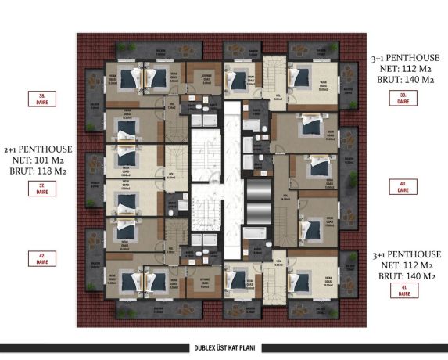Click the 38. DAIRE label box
click(x=36, y=99)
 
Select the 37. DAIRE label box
click(x=36, y=187)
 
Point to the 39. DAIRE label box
click(x=404, y=99)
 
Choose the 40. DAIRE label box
click(x=404, y=187)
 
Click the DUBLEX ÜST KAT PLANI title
click(x=224, y=348)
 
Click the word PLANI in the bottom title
click(x=248, y=348)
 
